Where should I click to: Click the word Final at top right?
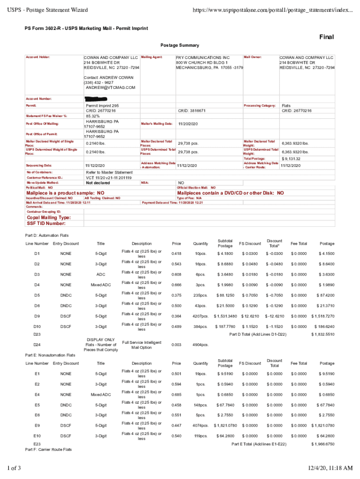[x=326, y=37]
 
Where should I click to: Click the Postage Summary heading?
[x=180, y=45]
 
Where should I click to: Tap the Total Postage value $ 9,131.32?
[x=291, y=159]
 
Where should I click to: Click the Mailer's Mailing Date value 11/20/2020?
[x=188, y=123]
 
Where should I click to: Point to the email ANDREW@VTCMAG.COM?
[x=110, y=87]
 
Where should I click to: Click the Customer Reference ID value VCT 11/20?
[x=108, y=178]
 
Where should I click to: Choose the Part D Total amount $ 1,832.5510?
[x=323, y=334]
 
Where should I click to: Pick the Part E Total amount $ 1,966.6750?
[x=323, y=443]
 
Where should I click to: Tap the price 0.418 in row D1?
[x=176, y=254]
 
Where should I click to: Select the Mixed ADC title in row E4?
[x=101, y=394]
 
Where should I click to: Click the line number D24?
[x=37, y=345]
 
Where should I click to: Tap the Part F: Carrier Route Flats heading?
[x=48, y=449]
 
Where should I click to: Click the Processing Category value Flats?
[x=286, y=106]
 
